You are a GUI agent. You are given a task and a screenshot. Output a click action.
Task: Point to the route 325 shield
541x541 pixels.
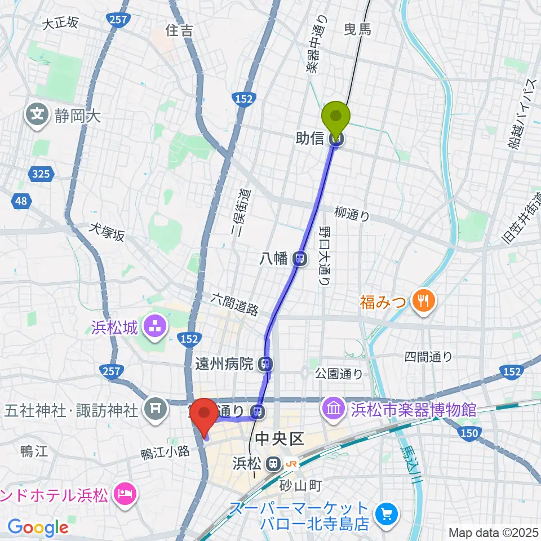click(41, 174)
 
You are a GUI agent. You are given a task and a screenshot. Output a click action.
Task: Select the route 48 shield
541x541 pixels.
click(20, 200)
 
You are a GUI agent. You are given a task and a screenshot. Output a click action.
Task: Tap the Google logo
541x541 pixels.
click(38, 527)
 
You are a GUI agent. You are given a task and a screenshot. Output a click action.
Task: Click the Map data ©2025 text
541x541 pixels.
click(493, 532)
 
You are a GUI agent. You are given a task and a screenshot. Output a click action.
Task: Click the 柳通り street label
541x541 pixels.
click(352, 214)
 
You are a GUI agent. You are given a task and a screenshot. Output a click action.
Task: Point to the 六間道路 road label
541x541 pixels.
click(235, 304)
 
